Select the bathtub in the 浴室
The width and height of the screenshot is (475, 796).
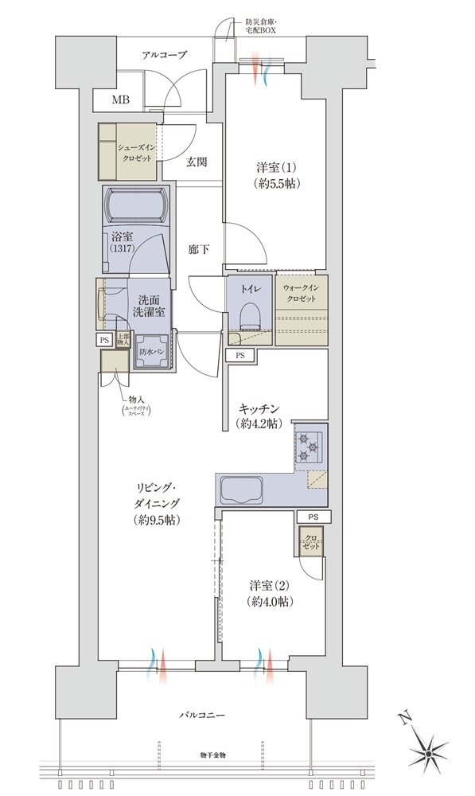click(136, 206)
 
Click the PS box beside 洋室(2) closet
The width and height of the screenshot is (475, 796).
click(313, 517)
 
